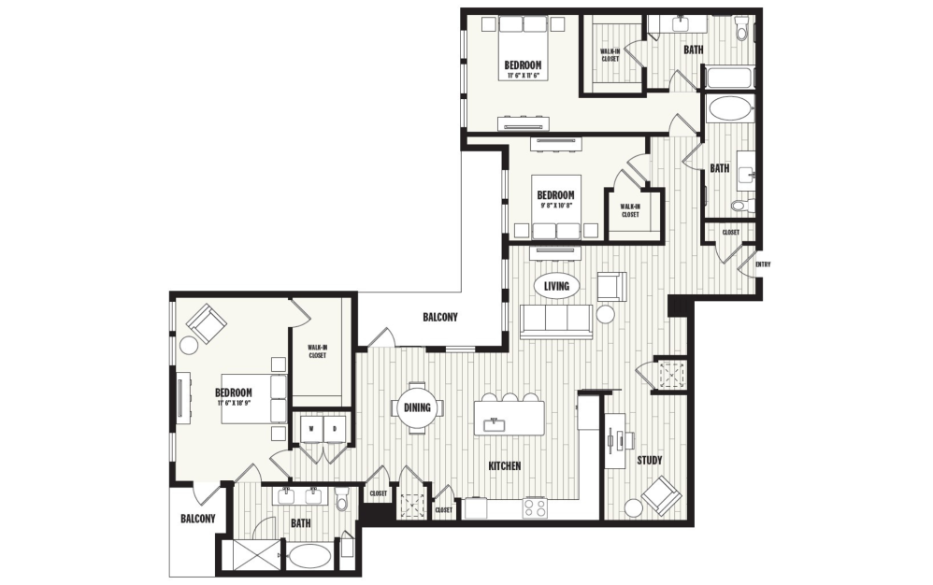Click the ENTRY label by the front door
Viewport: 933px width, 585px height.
[x=764, y=264]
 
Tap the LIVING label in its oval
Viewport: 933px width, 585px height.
[x=557, y=285]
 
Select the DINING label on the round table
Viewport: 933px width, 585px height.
[x=416, y=407]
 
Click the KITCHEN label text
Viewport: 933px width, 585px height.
[x=505, y=465]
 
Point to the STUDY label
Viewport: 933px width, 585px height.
[x=650, y=461]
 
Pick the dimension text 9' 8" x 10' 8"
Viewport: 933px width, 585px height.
[x=556, y=206]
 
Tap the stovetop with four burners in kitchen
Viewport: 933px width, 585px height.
[x=535, y=507]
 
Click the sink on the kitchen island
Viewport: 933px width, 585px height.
[x=490, y=424]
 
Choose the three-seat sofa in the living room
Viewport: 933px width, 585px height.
[x=556, y=321]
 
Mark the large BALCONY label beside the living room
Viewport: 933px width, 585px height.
[x=440, y=318]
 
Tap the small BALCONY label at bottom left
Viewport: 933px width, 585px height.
[x=197, y=519]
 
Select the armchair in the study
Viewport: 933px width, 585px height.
[x=661, y=494]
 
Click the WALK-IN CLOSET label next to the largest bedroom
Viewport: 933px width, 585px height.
[x=317, y=351]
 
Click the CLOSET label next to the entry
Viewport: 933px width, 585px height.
[x=730, y=232]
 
